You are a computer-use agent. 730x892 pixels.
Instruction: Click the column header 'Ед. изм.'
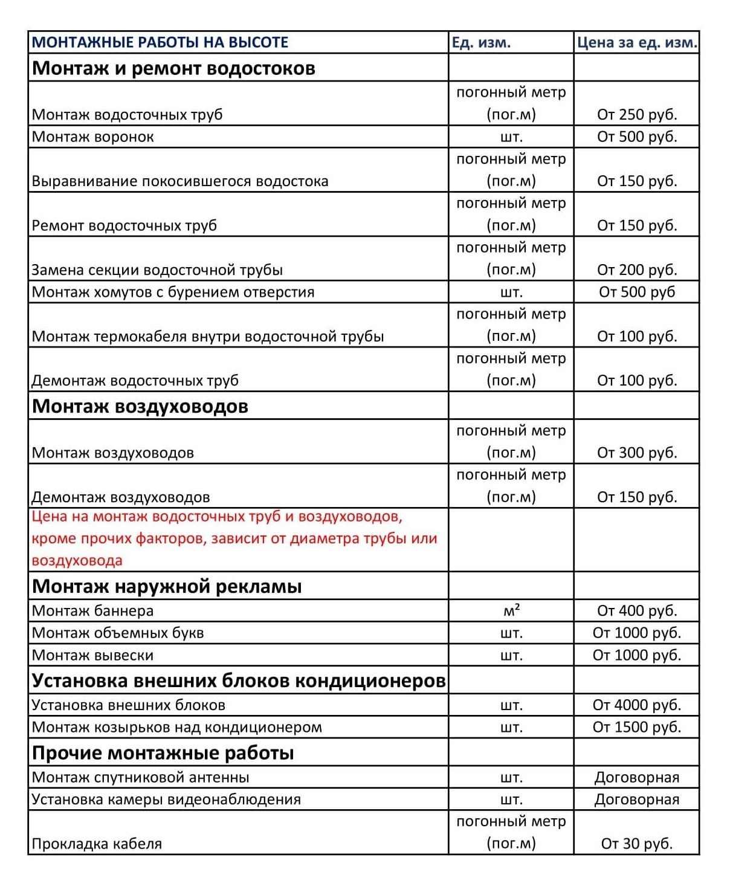[x=481, y=42]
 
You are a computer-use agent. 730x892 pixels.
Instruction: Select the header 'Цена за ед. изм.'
[x=637, y=42]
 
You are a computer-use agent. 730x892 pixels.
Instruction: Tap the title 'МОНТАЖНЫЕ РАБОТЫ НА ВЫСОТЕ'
[x=160, y=42]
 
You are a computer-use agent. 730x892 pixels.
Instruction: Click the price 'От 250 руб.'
[x=637, y=114]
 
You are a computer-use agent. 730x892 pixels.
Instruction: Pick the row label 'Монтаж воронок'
[x=93, y=137]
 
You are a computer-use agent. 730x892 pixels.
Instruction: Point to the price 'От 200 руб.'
[x=637, y=270]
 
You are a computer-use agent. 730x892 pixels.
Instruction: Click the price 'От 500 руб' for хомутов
[x=637, y=292]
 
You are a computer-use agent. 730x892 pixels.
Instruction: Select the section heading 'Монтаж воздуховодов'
[x=140, y=406]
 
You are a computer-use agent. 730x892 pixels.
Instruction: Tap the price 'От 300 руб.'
[x=637, y=453]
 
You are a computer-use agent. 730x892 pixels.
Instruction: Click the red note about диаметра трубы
[x=234, y=538]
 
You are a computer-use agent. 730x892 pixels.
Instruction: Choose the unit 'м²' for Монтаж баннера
[x=511, y=611]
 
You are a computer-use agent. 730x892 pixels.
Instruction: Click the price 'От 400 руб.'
[x=637, y=611]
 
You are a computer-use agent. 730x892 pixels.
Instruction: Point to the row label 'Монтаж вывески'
[x=93, y=655]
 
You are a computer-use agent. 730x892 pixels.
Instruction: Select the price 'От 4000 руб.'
[x=637, y=705]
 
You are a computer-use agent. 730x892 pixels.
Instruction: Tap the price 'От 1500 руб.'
[x=637, y=727]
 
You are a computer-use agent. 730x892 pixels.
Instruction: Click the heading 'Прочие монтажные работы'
[x=163, y=753]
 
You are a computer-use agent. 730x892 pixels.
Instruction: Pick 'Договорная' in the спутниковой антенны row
[x=637, y=777]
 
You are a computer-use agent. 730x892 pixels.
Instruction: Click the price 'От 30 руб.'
[x=637, y=844]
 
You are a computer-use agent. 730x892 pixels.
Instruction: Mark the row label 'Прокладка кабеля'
[x=97, y=844]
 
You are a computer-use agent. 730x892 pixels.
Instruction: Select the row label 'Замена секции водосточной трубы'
[x=157, y=270]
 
